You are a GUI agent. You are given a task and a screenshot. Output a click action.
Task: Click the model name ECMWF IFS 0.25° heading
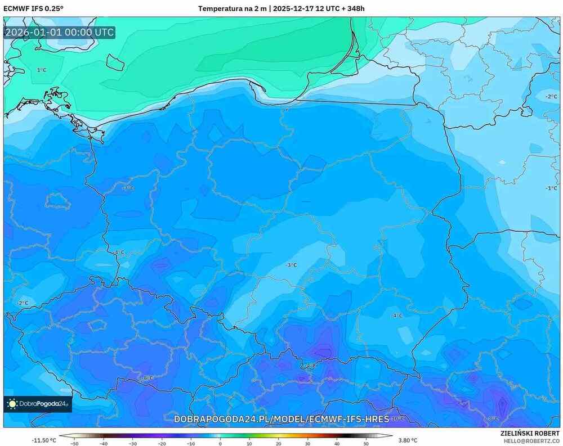tap(34, 8)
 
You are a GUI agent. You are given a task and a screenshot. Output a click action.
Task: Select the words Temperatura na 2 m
tap(233, 8)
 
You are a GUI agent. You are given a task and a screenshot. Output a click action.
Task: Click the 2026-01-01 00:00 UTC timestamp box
tap(60, 32)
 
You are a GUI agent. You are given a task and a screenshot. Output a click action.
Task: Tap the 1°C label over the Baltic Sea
tap(42, 70)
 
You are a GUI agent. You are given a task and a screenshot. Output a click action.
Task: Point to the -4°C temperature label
tap(397, 316)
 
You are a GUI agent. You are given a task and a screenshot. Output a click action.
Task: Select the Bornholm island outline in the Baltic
tap(115, 62)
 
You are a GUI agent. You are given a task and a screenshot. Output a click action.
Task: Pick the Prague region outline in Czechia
tap(97, 325)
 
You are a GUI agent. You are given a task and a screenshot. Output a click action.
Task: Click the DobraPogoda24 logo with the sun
tap(38, 403)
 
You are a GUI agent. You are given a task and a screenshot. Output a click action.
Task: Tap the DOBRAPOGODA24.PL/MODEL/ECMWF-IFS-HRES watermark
tap(281, 420)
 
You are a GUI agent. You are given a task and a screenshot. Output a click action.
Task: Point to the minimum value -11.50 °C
tap(43, 440)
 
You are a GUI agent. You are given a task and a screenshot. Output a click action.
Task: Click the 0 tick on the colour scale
tap(220, 443)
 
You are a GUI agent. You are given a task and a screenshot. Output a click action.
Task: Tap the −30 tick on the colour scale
tap(132, 443)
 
